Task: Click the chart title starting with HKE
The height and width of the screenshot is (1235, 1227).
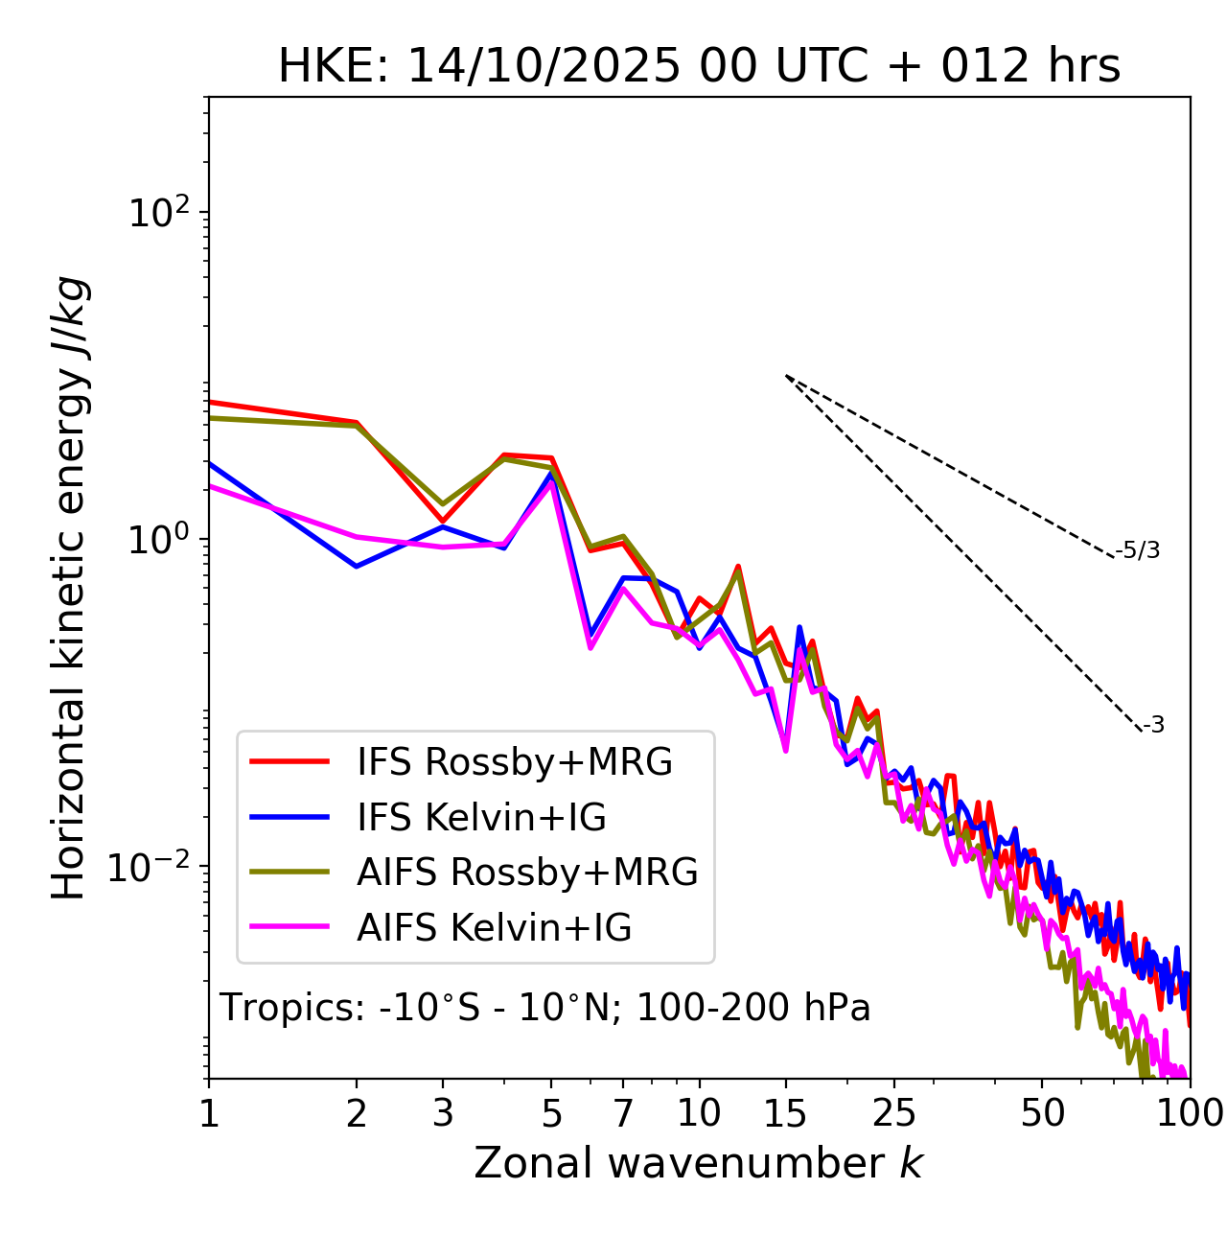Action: [x=699, y=66]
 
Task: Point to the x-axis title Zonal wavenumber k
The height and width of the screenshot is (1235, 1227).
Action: [x=698, y=1163]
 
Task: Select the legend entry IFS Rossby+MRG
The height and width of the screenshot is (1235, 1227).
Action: [x=514, y=761]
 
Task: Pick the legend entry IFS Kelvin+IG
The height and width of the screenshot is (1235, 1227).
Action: [x=481, y=817]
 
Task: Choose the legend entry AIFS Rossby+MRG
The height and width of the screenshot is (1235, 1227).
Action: [x=527, y=872]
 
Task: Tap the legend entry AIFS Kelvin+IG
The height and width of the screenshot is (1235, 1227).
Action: [x=494, y=927]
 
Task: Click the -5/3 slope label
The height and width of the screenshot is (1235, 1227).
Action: [x=1138, y=550]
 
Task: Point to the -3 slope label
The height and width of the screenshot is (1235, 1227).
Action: [x=1153, y=725]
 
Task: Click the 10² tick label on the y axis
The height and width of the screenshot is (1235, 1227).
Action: [x=157, y=213]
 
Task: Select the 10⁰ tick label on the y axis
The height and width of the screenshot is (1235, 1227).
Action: [x=157, y=540]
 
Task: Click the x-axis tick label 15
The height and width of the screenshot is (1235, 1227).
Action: [x=785, y=1113]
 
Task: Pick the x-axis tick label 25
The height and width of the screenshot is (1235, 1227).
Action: [x=894, y=1113]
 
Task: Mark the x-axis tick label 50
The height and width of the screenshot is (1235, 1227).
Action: [x=1042, y=1113]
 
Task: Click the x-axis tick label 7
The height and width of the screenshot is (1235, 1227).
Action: [x=623, y=1113]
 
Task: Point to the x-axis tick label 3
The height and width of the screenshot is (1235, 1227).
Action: [x=442, y=1113]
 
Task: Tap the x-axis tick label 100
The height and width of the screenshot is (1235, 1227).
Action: [x=1190, y=1113]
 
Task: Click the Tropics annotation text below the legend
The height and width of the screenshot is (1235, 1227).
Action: [x=544, y=1008]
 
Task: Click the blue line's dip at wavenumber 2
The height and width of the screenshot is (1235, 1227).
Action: [x=357, y=567]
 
